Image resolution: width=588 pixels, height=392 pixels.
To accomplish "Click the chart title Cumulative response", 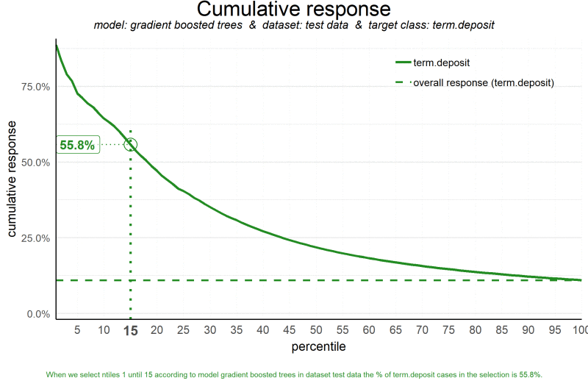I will [294, 10].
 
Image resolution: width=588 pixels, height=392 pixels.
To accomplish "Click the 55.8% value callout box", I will [77, 145].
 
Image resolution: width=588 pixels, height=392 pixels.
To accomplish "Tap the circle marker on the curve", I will [130, 145].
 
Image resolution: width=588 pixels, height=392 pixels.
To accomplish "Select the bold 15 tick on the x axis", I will [130, 330].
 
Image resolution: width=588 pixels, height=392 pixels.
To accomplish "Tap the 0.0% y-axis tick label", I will [38, 314].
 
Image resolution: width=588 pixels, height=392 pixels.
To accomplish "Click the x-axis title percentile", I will [318, 346].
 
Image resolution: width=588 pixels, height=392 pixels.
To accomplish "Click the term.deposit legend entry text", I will [442, 63].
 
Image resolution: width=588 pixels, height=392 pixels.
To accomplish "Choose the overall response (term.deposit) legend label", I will [484, 83].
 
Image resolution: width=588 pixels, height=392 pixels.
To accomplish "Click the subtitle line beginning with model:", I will [294, 25].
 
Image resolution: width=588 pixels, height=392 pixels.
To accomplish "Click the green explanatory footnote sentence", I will [294, 375].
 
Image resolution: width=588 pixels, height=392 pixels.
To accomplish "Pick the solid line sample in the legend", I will [402, 63].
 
